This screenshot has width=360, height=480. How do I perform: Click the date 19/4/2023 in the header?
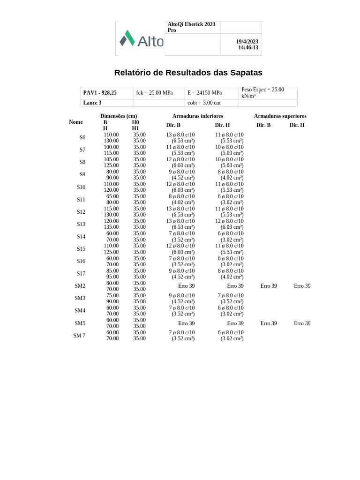(x=247, y=42)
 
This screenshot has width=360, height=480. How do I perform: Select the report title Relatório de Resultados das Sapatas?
(x=188, y=73)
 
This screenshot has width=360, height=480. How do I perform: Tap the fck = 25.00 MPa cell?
(x=154, y=93)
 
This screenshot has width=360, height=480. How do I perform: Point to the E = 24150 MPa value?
(x=205, y=93)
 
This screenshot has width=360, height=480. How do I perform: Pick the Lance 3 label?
(x=92, y=103)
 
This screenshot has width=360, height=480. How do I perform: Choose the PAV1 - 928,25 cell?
(x=100, y=93)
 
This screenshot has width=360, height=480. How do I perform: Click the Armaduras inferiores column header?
(x=198, y=116)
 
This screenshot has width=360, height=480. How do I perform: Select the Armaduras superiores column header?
(x=280, y=116)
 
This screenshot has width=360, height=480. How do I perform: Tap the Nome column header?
(x=76, y=122)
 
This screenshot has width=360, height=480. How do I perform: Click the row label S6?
(x=82, y=137)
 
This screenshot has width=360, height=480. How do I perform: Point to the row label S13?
(x=81, y=224)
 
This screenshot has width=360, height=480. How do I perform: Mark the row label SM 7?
(x=79, y=336)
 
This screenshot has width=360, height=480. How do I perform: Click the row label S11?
(x=81, y=199)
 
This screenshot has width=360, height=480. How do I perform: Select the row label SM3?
(x=80, y=298)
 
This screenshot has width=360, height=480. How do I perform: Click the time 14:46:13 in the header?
(x=248, y=48)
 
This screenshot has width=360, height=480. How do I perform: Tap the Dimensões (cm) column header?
(x=119, y=116)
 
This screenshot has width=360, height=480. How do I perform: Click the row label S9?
(x=82, y=174)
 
